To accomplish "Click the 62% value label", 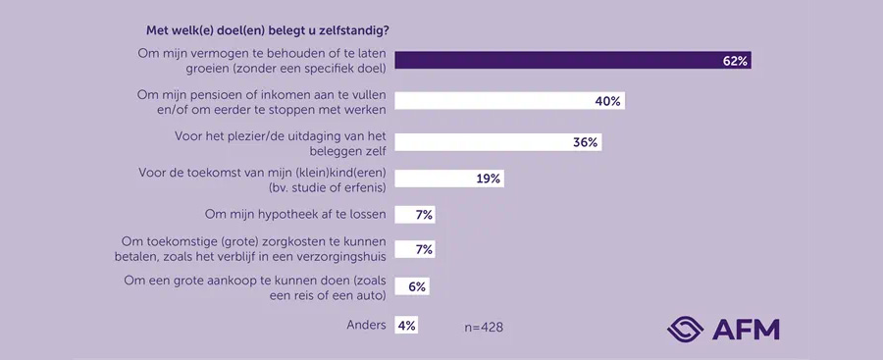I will [x=735, y=61].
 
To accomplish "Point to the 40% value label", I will [x=608, y=101].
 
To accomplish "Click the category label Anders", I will [x=366, y=325].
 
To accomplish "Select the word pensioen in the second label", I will [x=215, y=95].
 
